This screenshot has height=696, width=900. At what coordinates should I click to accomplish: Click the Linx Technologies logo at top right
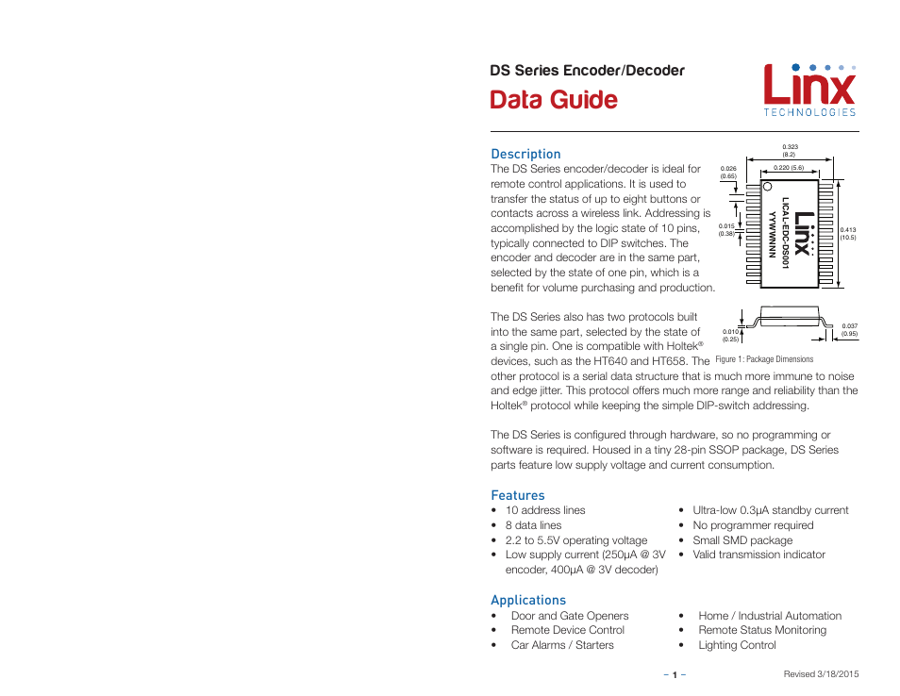click(808, 90)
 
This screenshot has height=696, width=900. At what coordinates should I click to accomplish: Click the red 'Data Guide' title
click(554, 100)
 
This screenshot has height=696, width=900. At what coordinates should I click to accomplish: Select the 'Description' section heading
click(525, 154)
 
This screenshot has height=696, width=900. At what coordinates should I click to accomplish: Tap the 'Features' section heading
click(517, 495)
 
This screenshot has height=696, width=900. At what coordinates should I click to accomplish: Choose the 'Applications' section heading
click(528, 600)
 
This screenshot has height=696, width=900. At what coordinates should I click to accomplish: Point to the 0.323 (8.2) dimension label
click(791, 150)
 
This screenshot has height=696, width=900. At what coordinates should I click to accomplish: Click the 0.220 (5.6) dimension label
click(788, 168)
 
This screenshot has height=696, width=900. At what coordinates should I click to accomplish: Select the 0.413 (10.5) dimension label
click(847, 233)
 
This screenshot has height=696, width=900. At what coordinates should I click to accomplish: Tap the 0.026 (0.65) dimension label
click(727, 173)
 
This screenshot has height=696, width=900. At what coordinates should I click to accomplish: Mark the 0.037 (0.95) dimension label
click(849, 329)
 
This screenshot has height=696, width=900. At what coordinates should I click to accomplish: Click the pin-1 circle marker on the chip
click(767, 187)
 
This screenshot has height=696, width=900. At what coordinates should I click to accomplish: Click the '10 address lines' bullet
click(545, 510)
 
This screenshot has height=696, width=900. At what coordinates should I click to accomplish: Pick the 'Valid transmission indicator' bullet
click(758, 555)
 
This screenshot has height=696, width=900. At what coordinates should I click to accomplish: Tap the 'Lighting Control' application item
click(737, 645)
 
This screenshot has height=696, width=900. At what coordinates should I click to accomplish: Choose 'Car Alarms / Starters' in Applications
click(562, 645)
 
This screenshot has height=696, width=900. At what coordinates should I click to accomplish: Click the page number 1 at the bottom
click(675, 674)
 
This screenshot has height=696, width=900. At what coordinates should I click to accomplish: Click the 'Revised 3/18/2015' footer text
click(821, 674)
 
